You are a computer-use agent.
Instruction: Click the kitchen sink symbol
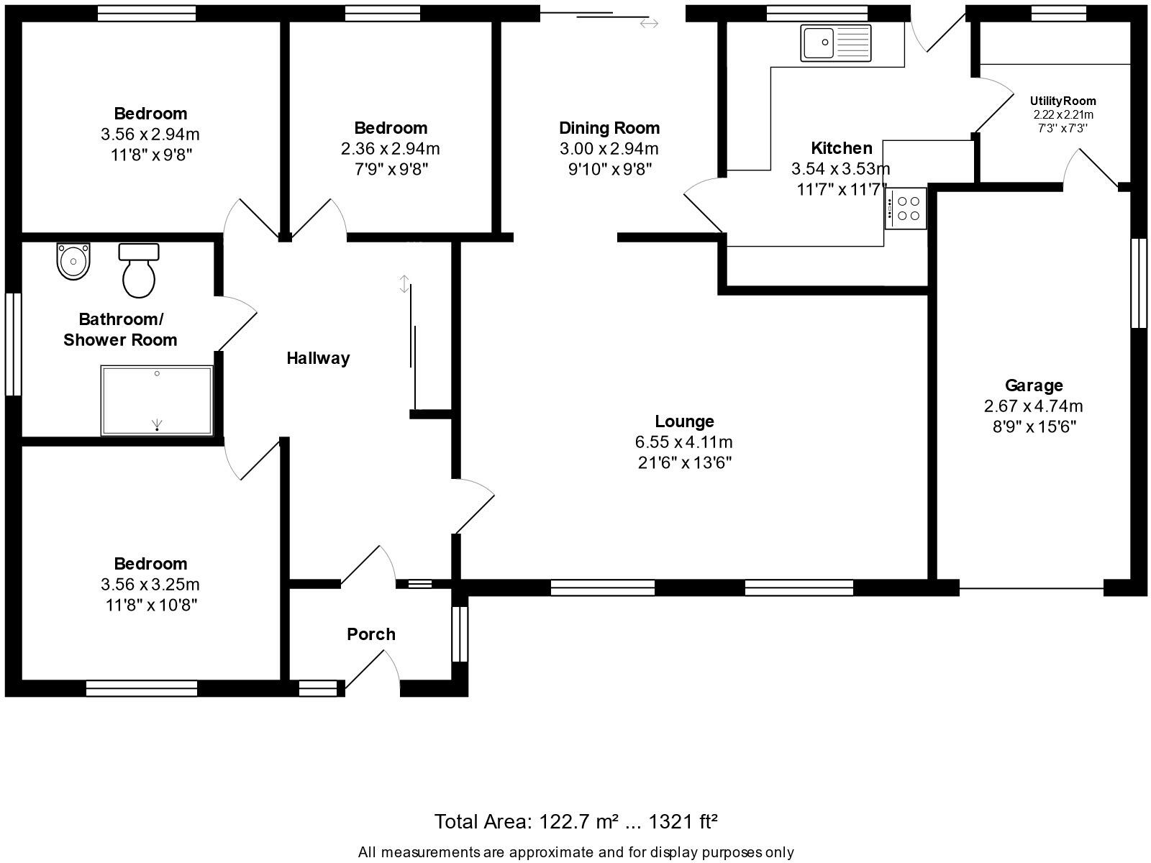pyautogui.click(x=835, y=42)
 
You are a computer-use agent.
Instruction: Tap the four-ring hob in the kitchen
pyautogui.click(x=906, y=209)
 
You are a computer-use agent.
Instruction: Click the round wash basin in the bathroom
pyautogui.click(x=73, y=262)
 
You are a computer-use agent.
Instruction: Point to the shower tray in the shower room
pyautogui.click(x=157, y=401)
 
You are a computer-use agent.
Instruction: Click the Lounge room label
pyautogui.click(x=684, y=421)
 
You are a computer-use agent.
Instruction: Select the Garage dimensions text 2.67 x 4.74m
pyautogui.click(x=1033, y=406)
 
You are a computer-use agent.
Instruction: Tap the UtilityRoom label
pyautogui.click(x=1063, y=101)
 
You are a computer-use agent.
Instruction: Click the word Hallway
pyautogui.click(x=318, y=358)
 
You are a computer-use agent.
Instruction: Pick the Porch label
pyautogui.click(x=370, y=634)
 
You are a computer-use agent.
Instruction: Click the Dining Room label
pyautogui.click(x=609, y=128)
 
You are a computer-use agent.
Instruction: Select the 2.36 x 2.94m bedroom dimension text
pyautogui.click(x=390, y=149)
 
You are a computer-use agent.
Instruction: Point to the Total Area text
pyautogui.click(x=575, y=821)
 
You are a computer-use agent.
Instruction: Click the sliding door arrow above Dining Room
pyautogui.click(x=649, y=24)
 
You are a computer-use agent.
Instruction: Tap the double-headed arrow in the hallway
pyautogui.click(x=404, y=284)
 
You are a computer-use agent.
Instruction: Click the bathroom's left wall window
pyautogui.click(x=13, y=343)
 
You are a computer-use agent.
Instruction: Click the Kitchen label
pyautogui.click(x=841, y=148)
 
